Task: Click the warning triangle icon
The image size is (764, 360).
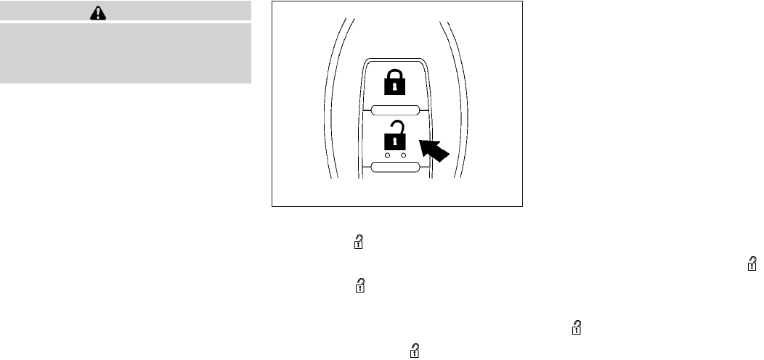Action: (126, 12)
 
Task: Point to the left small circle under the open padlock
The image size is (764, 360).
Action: (387, 155)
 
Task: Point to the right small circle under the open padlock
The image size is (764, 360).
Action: (403, 155)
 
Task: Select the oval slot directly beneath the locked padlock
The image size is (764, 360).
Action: (395, 110)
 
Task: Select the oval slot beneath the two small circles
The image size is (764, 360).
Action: (395, 168)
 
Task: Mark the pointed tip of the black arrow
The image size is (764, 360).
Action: (422, 144)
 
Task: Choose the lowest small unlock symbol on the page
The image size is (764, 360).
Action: (415, 351)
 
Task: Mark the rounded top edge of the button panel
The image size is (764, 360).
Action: (395, 59)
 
